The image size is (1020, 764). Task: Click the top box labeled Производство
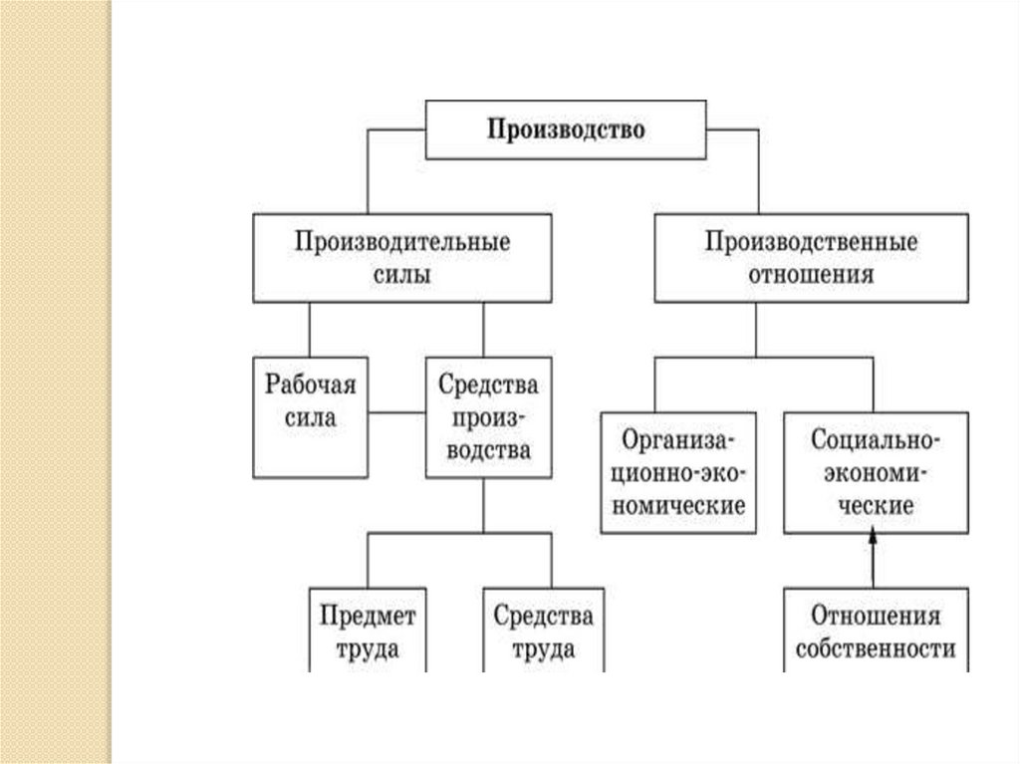566,129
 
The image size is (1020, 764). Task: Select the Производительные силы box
401,258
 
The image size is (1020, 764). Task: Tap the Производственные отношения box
811,258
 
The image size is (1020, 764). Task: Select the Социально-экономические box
875,472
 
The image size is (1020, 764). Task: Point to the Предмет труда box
368,632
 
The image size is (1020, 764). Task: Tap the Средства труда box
543,632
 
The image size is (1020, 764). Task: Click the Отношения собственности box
875,632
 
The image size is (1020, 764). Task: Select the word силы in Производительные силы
401,275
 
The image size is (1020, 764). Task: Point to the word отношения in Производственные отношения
811,275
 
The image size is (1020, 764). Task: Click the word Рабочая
310,383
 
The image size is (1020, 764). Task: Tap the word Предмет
368,616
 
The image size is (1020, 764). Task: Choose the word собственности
875,649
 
